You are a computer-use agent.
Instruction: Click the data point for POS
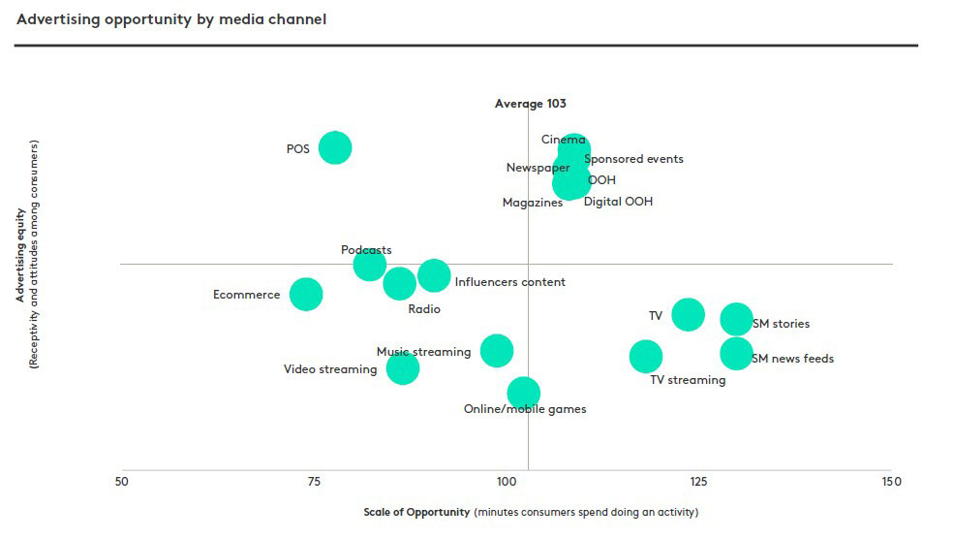pos(334,147)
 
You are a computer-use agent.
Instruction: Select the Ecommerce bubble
pos(306,294)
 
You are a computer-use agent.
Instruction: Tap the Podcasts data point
pos(369,265)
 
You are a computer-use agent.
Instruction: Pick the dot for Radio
pos(399,283)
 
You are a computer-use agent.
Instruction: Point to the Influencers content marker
pos(434,275)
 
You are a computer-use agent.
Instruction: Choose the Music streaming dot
pos(497,350)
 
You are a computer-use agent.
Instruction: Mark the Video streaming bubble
pos(402,367)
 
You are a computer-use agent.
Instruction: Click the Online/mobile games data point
pos(523,393)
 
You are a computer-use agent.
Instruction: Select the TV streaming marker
pos(645,357)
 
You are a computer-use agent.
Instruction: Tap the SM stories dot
pos(736,318)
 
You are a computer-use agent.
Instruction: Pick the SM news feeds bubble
pos(736,354)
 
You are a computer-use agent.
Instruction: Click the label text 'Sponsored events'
pos(634,159)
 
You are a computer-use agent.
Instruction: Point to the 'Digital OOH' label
pos(618,202)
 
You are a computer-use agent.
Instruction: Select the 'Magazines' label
pos(533,203)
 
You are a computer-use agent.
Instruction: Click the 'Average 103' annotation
pos(530,104)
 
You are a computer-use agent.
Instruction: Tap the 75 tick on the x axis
pos(314,482)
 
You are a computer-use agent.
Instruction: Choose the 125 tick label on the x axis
pos(698,482)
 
